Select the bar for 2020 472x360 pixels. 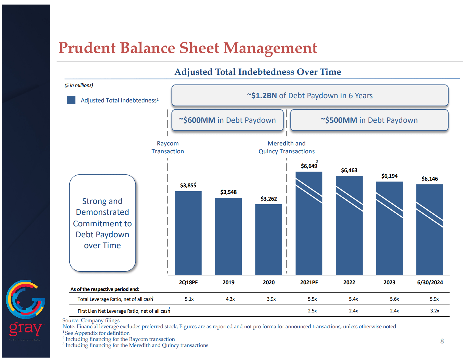point(269,239)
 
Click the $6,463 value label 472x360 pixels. point(349,170)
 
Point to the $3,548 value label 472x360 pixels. point(228,192)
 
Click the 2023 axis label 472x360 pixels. point(389,282)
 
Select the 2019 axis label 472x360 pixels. point(228,282)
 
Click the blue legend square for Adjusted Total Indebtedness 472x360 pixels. point(71,100)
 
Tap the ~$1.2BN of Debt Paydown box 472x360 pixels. point(310,95)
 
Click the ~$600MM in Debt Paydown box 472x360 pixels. point(227,120)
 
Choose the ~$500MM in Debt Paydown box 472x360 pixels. point(369,120)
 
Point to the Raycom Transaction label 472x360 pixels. point(168,147)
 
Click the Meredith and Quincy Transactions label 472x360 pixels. point(287,147)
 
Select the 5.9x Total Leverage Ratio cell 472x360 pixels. point(434,299)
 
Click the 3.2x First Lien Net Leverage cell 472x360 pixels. point(434,311)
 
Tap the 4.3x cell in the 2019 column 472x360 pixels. point(230,299)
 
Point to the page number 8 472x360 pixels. point(442,341)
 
